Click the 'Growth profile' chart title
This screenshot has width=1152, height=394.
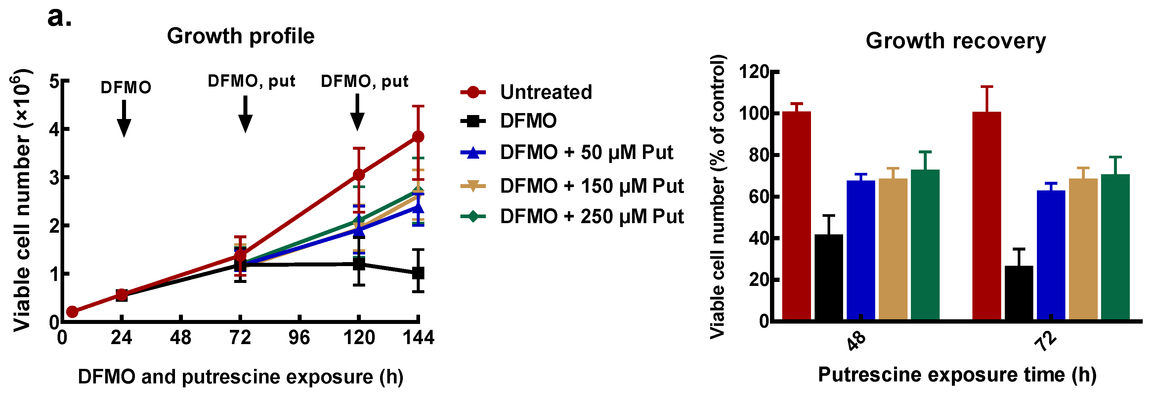coord(240,36)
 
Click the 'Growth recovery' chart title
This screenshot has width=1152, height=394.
coord(955,41)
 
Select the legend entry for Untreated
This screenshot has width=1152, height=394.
coord(546,92)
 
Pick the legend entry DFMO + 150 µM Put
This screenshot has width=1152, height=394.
coord(591,186)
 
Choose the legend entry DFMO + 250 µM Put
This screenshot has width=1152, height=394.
coord(591,217)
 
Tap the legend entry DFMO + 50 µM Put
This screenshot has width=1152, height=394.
coord(586,152)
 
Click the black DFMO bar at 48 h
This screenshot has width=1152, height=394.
coord(828,277)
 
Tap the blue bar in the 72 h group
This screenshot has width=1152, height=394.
coord(1050,255)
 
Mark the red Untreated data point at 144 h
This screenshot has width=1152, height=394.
coord(418,136)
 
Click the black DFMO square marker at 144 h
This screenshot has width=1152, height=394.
coord(418,273)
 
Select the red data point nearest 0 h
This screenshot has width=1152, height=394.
coord(72,312)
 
